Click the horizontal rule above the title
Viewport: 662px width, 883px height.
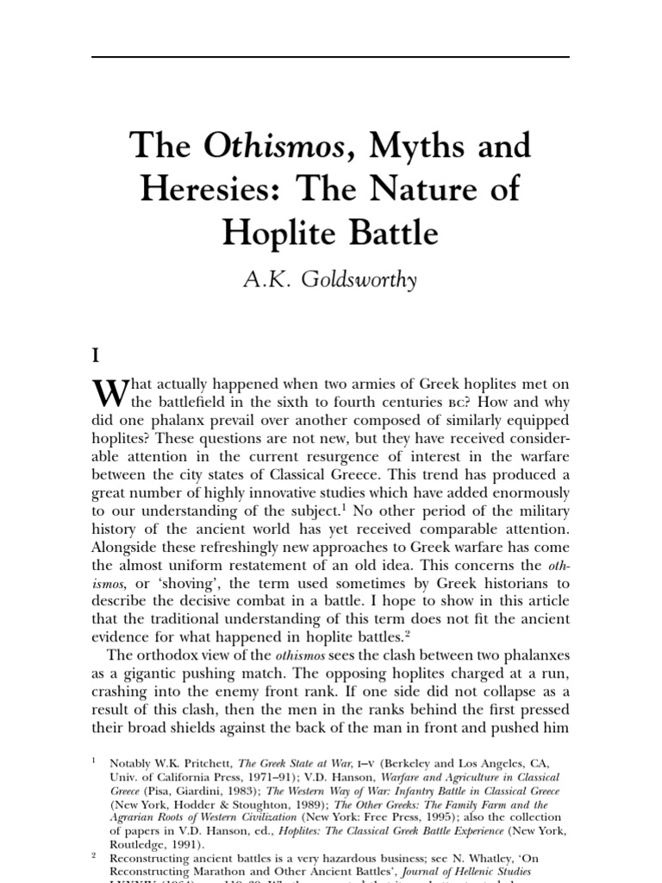(x=330, y=58)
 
